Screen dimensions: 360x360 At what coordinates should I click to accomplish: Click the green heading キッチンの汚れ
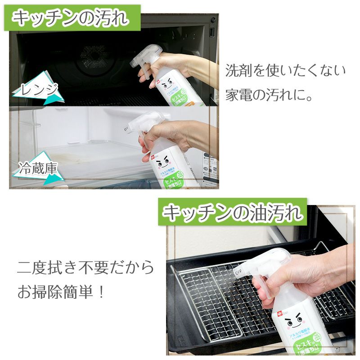coord(71,18)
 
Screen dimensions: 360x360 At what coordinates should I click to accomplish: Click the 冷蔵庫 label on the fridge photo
coord(39,170)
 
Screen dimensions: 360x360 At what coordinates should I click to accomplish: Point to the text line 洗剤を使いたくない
coord(285,71)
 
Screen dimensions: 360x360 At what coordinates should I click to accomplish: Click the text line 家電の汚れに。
coord(268,96)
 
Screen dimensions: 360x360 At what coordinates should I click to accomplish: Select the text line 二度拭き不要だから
coord(85,268)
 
